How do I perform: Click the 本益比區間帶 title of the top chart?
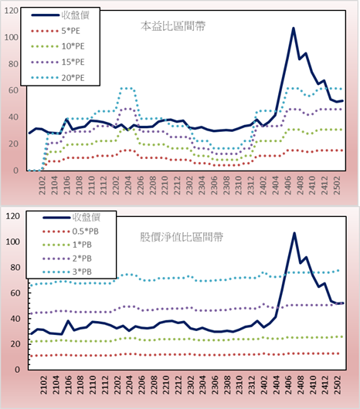pos(173,26)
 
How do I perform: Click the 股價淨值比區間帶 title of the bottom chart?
pos(182,237)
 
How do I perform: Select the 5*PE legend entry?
pos(56,31)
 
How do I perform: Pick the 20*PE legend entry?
pos(58,78)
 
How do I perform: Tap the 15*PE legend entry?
pos(58,62)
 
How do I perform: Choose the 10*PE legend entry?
pos(58,46)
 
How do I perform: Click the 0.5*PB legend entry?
pos(70,232)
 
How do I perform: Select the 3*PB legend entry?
pos(67,272)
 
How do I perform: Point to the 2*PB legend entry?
pos(67,259)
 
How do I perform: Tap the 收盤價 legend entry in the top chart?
pos(60,15)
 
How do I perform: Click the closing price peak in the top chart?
pos(294,28)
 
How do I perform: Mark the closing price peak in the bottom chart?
pos(294,233)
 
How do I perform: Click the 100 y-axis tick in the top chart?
pos(12,37)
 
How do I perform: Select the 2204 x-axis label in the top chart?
pos(128,185)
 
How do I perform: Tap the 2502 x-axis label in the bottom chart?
pos(338,385)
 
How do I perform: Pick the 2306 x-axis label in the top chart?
pos(214,185)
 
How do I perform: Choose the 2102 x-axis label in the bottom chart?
pos(44,385)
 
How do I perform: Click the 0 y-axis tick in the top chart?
pos(16,171)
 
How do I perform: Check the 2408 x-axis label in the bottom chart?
pos(301,385)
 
